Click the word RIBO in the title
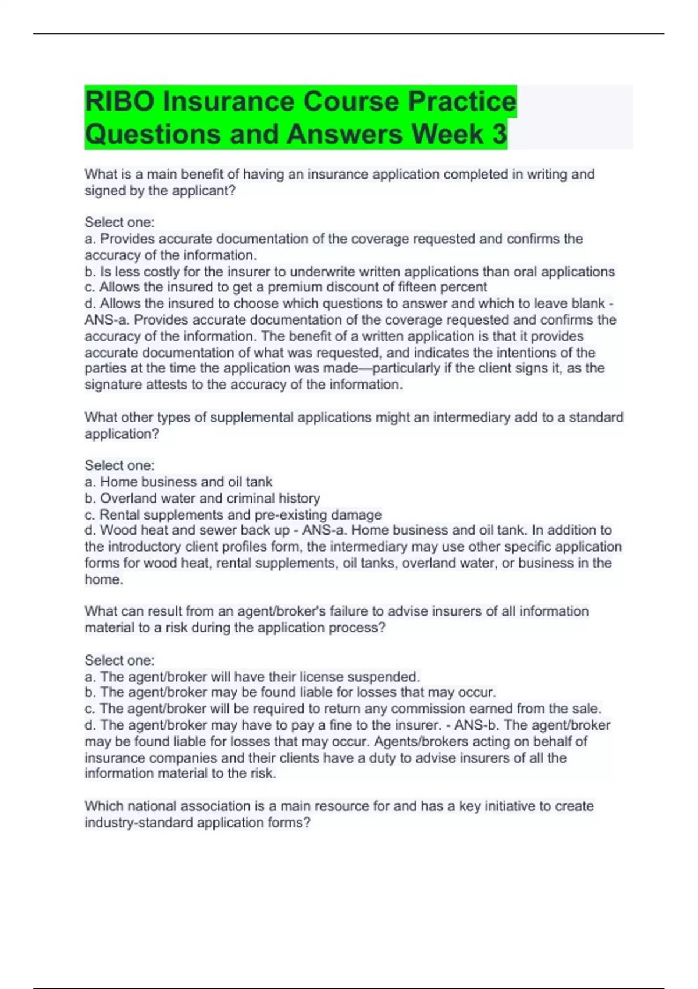119,101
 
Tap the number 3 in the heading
499,134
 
